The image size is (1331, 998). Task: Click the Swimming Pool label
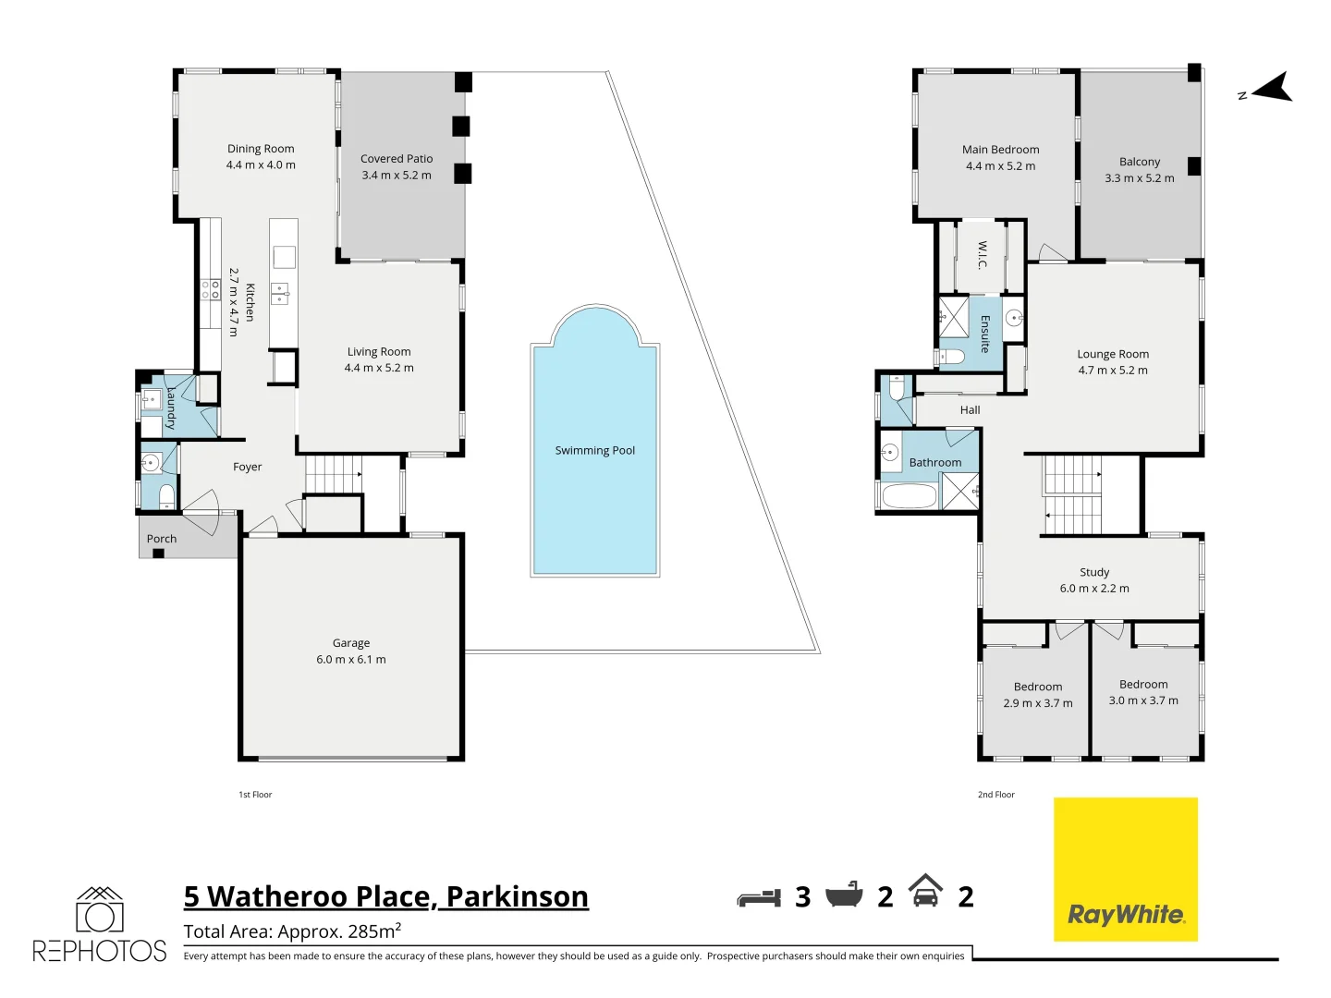[x=594, y=450]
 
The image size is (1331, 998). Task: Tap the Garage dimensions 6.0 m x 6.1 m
[x=350, y=659]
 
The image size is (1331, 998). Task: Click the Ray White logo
[x=1126, y=869]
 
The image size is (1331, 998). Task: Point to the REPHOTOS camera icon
[x=100, y=909]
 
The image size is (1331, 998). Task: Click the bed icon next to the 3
[x=759, y=897]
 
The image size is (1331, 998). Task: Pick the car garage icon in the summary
[x=925, y=890]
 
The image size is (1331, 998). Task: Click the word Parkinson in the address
[x=518, y=896]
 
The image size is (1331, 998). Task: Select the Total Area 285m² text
[x=292, y=931]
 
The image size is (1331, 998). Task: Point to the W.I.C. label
[x=983, y=254]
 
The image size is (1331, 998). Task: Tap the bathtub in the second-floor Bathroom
[x=910, y=495]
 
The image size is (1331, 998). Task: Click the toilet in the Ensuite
[x=951, y=357]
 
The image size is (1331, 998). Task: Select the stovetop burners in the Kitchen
[x=211, y=289]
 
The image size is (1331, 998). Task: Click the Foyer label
[x=248, y=467]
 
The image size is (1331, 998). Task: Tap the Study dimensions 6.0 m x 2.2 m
[x=1094, y=589]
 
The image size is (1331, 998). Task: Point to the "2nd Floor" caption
[x=995, y=795]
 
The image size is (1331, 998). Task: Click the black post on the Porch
[x=158, y=554]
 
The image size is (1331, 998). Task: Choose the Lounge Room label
[x=1113, y=354]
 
